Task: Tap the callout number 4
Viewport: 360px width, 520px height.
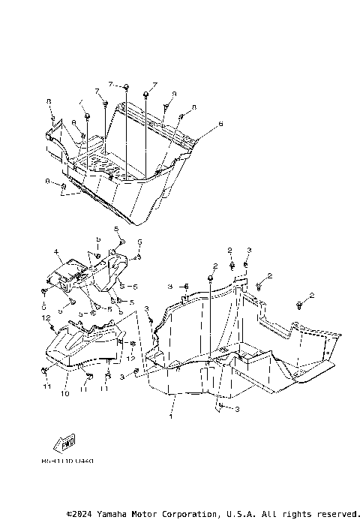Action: [55, 251]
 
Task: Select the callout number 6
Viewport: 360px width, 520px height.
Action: [220, 123]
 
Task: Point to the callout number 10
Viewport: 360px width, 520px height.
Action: [64, 392]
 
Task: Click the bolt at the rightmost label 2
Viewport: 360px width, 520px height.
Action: [300, 304]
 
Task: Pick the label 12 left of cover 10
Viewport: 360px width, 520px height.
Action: [46, 317]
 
